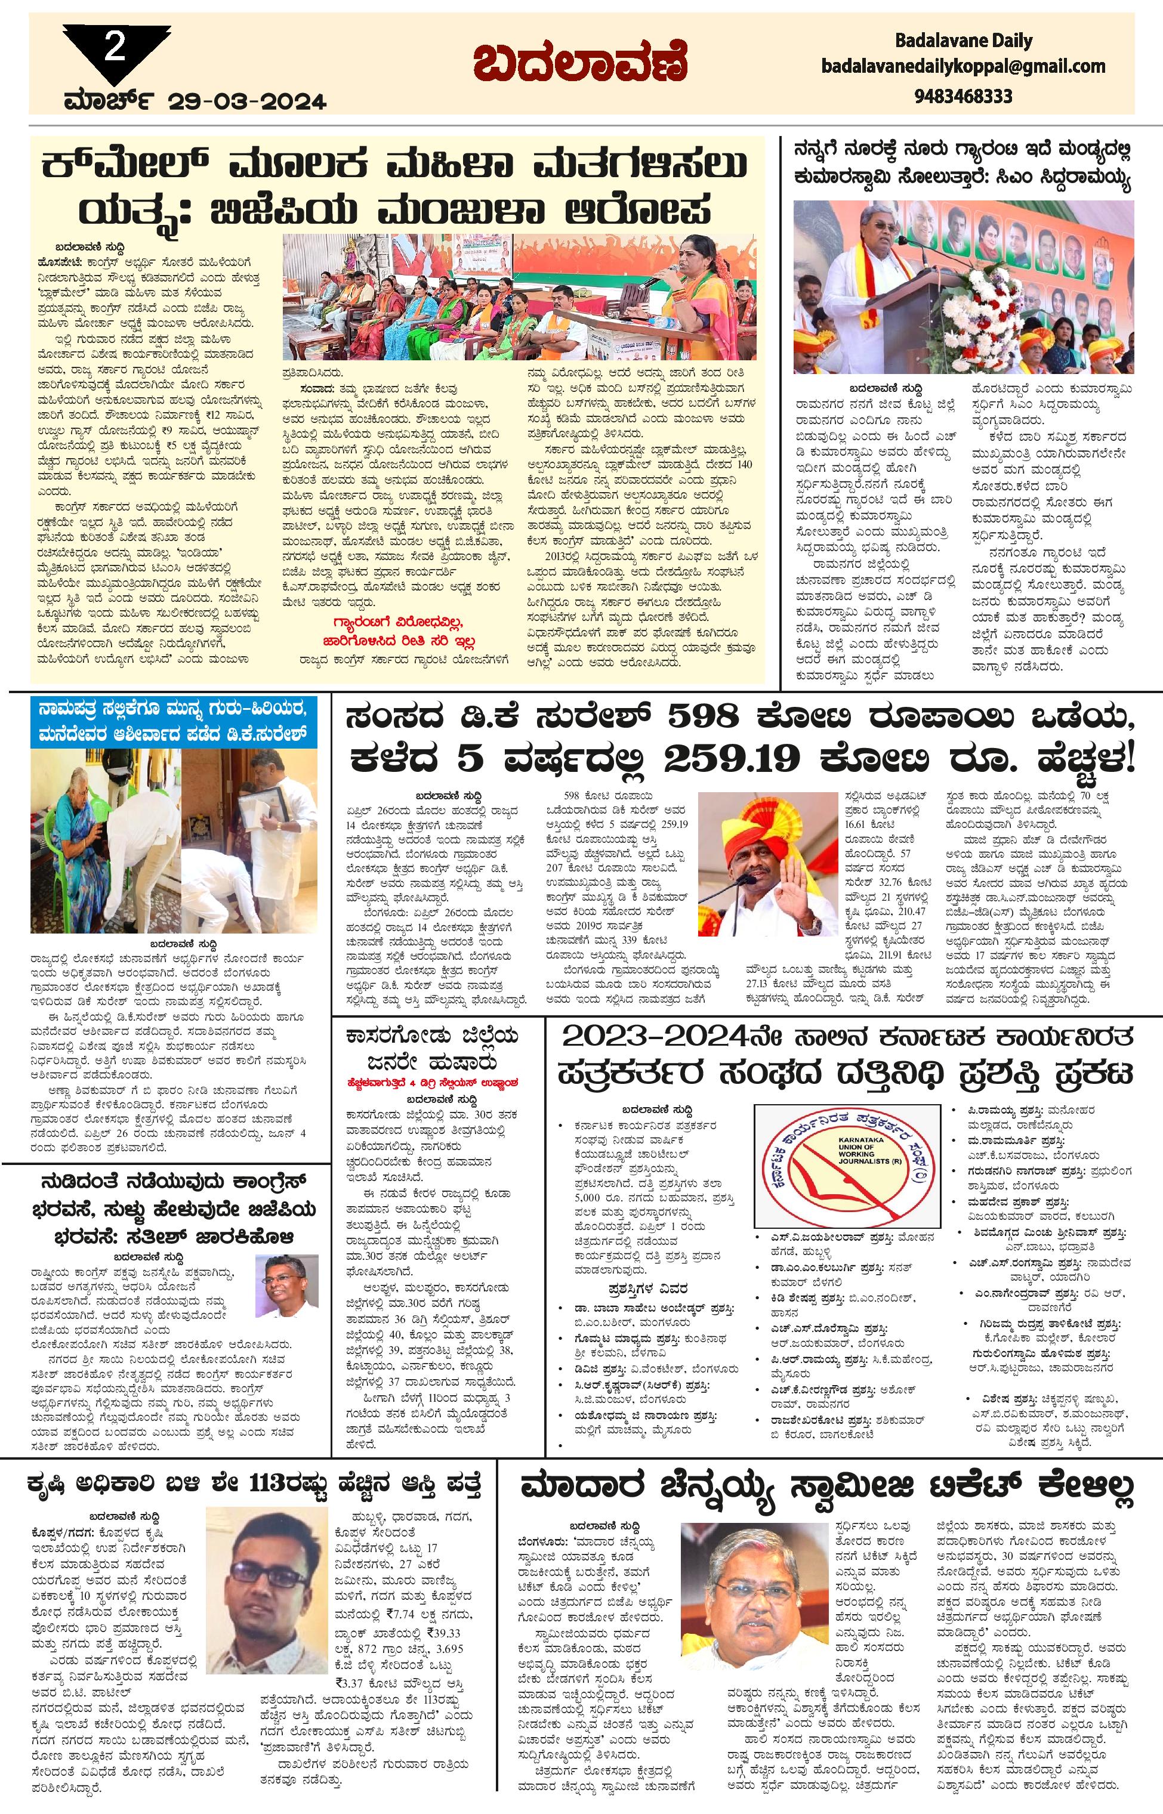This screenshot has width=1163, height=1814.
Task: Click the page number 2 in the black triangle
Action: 115,48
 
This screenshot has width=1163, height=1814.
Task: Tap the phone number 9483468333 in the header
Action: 963,97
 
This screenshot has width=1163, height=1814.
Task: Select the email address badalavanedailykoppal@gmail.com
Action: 963,67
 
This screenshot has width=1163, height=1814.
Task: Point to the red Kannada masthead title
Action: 581,64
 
